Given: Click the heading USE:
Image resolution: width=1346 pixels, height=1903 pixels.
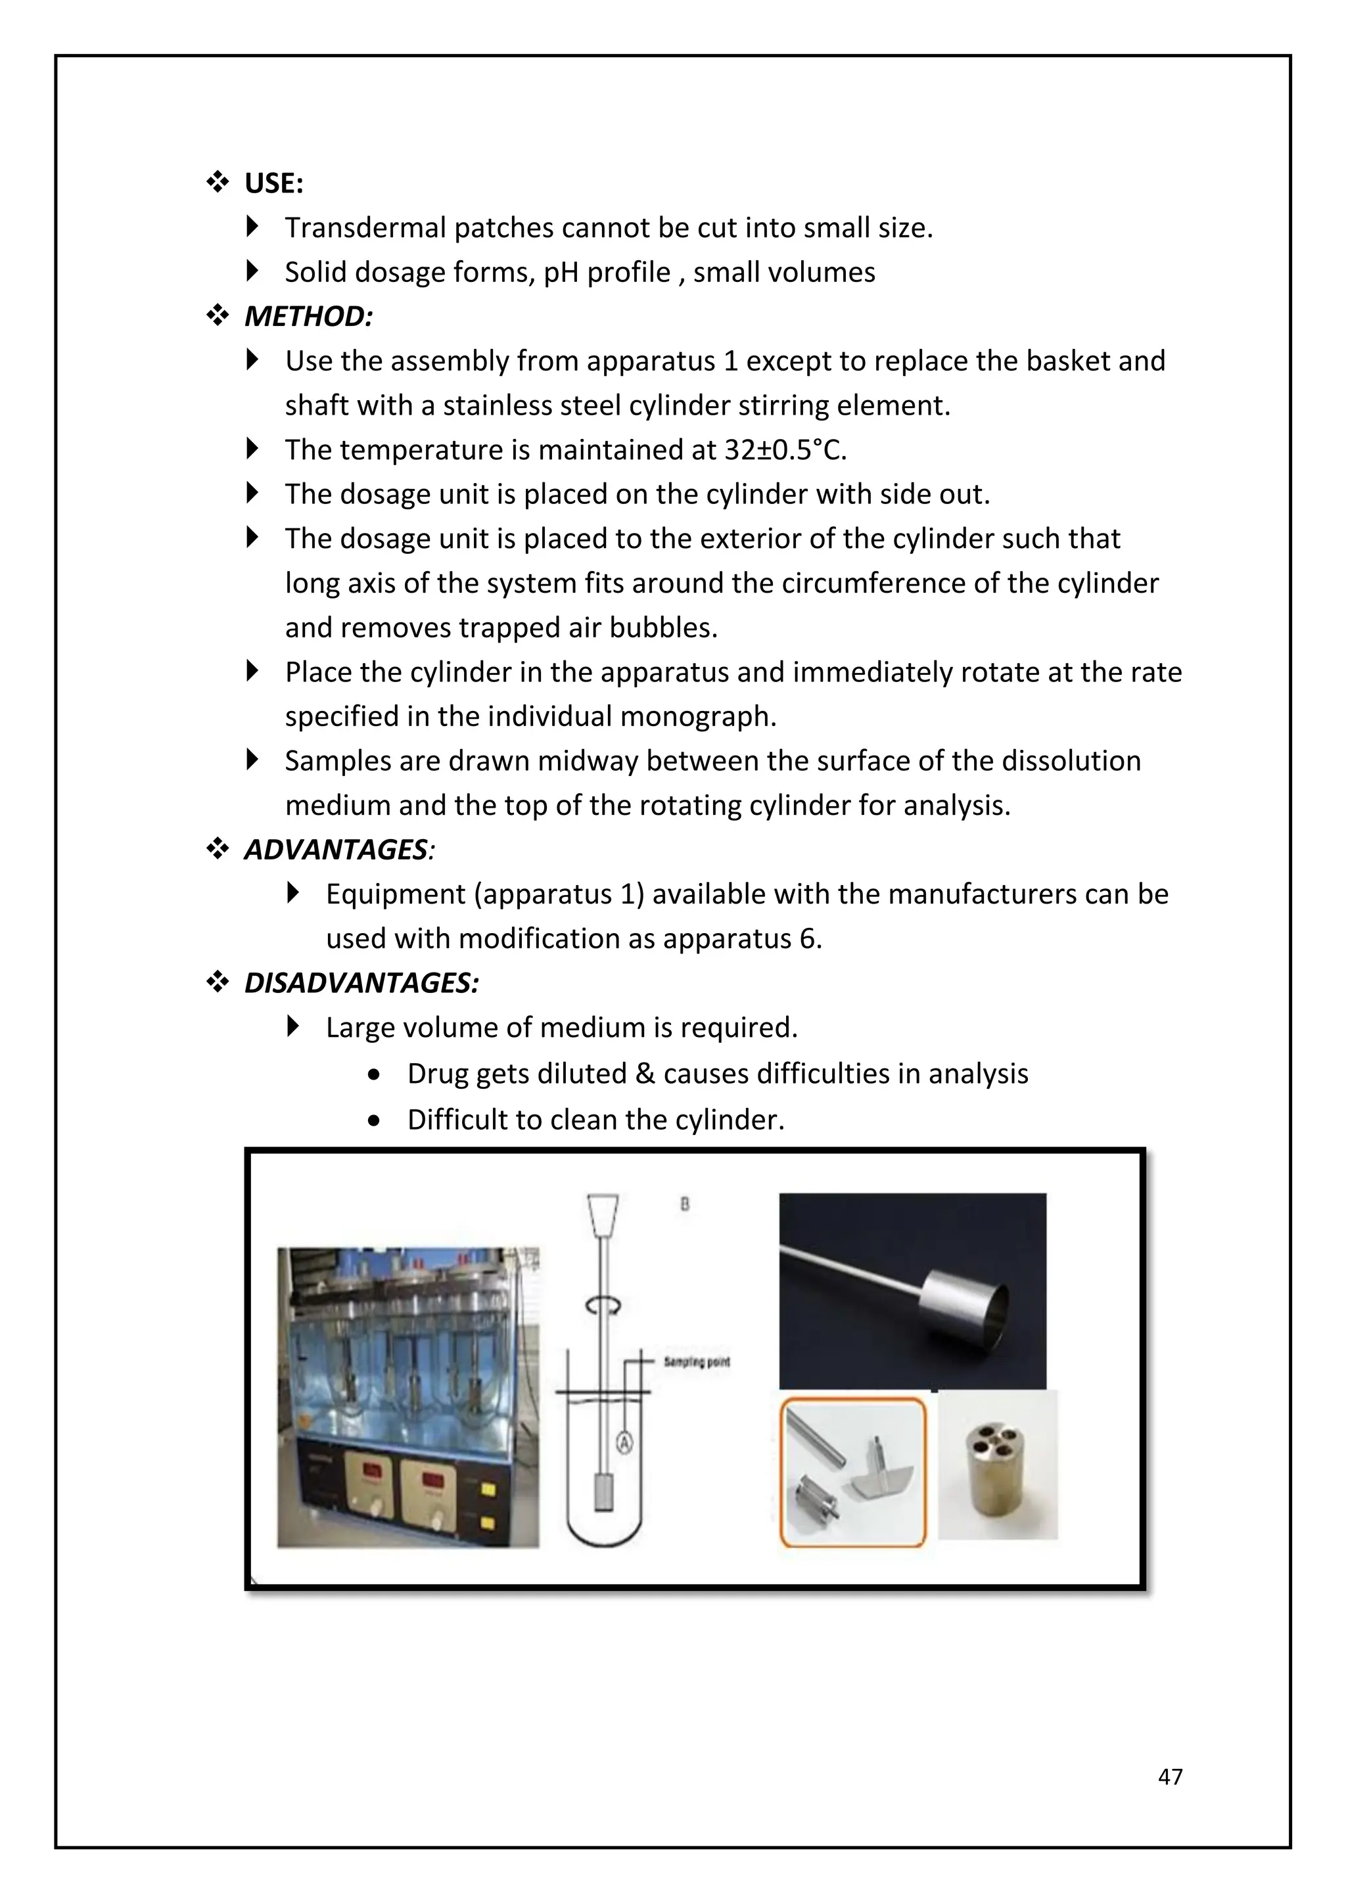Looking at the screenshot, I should coord(273,184).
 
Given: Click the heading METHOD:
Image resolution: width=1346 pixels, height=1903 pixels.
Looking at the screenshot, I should coord(308,317).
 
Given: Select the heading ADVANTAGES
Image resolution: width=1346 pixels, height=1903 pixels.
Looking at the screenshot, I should coord(336,850).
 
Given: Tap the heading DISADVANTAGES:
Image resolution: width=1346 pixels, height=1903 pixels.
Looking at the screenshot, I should coord(361,983).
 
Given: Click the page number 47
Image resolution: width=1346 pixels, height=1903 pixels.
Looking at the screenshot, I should coord(1169,1776).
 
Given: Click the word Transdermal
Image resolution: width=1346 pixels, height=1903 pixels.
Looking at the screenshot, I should coord(365,228).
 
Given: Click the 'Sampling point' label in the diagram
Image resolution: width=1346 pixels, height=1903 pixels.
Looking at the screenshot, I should coord(696,1362).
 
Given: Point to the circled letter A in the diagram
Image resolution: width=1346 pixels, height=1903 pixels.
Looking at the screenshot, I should coord(625,1443).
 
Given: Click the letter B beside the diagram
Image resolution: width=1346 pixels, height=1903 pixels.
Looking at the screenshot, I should coord(685,1205).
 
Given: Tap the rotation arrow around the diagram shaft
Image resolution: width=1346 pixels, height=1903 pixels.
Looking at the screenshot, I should coord(603,1306).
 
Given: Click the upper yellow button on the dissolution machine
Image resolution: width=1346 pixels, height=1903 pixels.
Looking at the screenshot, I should coord(488,1490).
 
